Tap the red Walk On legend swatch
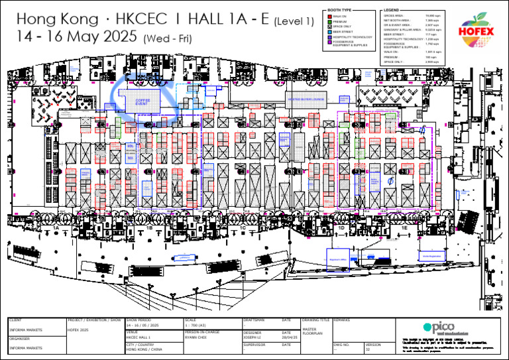(x=330, y=17)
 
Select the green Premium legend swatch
(x=330, y=22)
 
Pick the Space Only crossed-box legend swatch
(x=330, y=26)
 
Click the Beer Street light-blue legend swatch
(x=330, y=30)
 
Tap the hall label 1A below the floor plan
(x=56, y=227)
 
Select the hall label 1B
(x=150, y=227)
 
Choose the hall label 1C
(x=243, y=227)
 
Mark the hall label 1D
(x=341, y=227)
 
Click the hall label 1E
(x=404, y=227)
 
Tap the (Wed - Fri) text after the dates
(x=167, y=39)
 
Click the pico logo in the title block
(x=439, y=328)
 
